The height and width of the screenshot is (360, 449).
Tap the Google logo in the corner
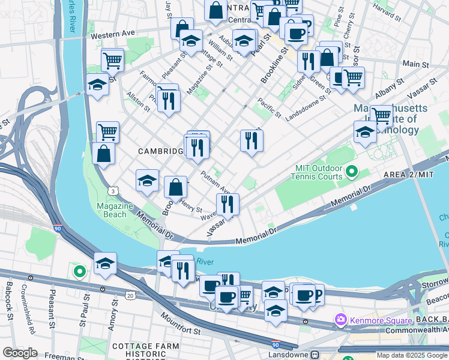pos(20,353)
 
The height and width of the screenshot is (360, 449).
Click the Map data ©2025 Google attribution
pos(411,355)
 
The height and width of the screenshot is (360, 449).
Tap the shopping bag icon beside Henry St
pos(175,187)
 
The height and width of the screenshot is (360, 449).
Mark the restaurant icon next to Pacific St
pos(251,140)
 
